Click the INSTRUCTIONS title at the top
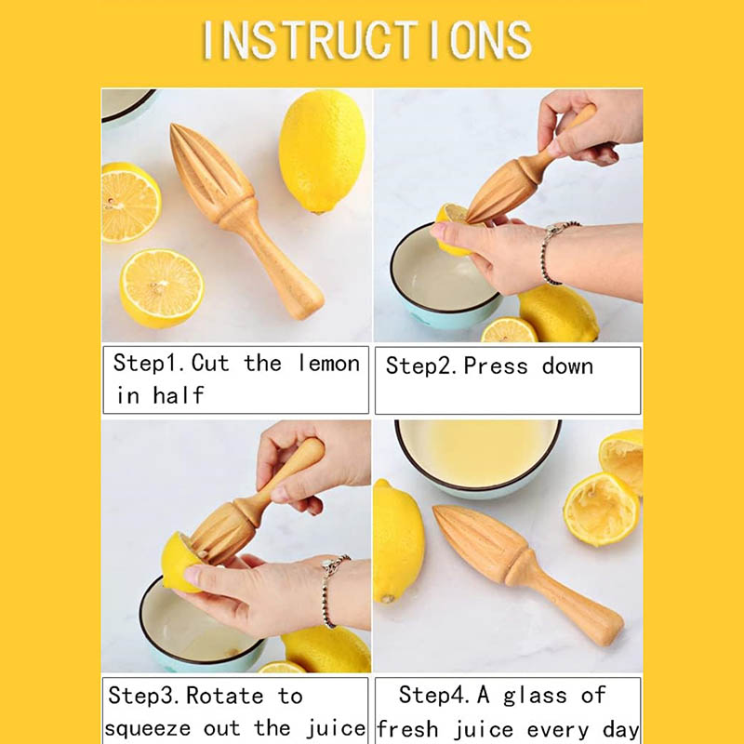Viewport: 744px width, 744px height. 367,40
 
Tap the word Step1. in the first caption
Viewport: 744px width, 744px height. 152,364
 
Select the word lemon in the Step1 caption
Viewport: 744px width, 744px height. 329,364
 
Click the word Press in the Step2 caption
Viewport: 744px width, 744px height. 496,366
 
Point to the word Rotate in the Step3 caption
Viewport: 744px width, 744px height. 224,696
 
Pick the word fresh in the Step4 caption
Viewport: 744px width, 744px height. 407,729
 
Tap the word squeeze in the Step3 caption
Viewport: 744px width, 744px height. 148,729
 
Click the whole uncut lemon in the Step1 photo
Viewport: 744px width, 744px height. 322,152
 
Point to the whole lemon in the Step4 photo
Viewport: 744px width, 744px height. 398,542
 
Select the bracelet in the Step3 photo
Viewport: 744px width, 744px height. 332,589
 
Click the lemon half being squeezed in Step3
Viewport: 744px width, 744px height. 182,563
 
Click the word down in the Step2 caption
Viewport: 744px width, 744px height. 567,366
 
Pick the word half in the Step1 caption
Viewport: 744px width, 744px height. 179,394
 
